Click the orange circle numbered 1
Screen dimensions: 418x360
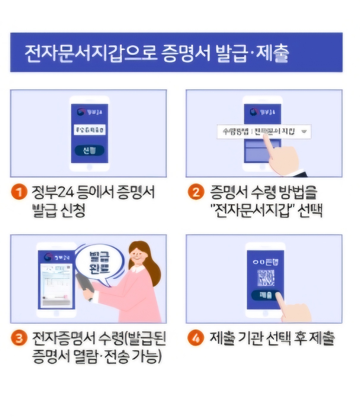[x=19, y=192]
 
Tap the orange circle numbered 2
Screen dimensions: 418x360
[x=196, y=192]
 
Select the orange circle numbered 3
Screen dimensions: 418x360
[x=19, y=338]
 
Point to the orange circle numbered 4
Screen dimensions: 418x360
[x=196, y=338]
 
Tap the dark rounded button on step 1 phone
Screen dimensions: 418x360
[x=89, y=151]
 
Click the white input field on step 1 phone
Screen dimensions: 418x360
[x=89, y=130]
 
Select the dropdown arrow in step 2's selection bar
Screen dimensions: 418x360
[x=304, y=131]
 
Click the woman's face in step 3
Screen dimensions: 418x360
[x=138, y=256]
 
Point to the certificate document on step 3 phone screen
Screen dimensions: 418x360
[x=56, y=285]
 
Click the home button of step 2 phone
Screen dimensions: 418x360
[x=262, y=167]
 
